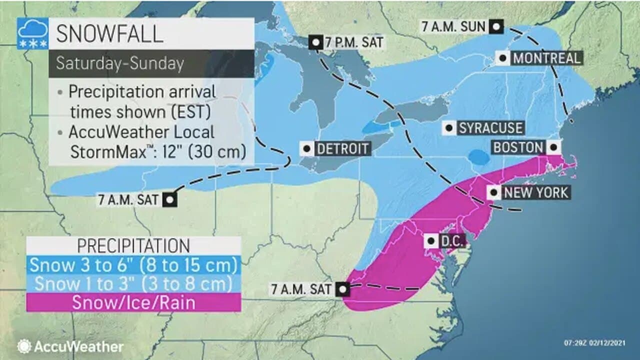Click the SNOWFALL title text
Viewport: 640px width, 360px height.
(109, 34)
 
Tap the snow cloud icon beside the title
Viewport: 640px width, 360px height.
(33, 34)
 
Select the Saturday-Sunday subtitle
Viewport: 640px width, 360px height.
(120, 63)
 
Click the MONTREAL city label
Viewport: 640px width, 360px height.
(547, 58)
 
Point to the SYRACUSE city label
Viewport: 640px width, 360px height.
(490, 128)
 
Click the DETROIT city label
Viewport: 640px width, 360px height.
(342, 148)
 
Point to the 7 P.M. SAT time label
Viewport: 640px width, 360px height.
(354, 42)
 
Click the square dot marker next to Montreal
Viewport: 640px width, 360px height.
(502, 58)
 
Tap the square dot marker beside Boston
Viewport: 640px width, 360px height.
(553, 147)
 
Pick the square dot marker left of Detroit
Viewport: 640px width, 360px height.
(306, 148)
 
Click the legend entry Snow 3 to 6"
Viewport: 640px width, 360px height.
(133, 264)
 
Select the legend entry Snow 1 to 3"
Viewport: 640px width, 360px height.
(133, 283)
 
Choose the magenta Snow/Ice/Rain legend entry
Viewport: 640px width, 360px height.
(133, 302)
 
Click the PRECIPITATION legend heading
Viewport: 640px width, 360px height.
(133, 245)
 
